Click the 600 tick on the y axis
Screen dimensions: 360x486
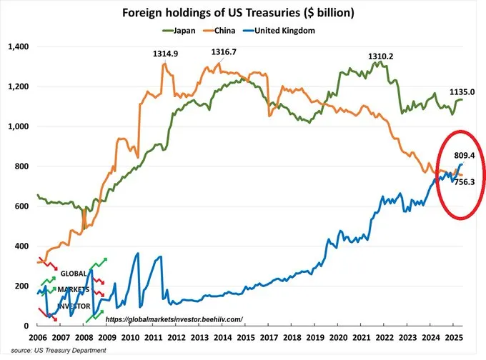click(19, 206)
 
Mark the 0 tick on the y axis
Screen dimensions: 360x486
click(26, 326)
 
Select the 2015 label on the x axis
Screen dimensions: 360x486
click(245, 336)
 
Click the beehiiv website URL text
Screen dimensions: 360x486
click(174, 319)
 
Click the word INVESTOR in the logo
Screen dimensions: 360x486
click(74, 306)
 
